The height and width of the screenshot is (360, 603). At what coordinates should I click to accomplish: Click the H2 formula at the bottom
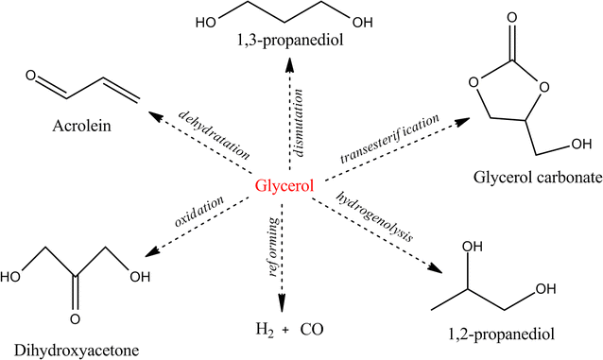click(x=266, y=331)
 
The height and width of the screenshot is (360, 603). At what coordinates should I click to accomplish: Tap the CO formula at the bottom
click(x=312, y=330)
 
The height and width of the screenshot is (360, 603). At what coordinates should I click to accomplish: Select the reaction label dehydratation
click(x=215, y=132)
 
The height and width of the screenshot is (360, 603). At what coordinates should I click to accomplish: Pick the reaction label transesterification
click(x=389, y=138)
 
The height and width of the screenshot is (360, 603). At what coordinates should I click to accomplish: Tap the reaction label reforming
click(x=271, y=249)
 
